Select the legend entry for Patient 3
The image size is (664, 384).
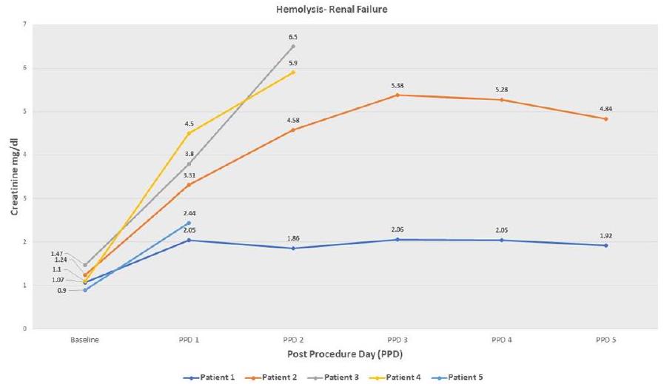342,377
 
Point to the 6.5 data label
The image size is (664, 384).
292,36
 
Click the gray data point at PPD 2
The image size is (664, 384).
292,46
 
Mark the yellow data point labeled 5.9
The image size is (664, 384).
292,72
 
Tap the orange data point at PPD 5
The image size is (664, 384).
606,118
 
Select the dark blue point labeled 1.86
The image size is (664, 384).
292,248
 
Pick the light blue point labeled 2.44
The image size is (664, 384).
189,223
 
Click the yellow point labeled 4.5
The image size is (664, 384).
189,133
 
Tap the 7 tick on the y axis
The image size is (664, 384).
25,24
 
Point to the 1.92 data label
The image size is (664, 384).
606,235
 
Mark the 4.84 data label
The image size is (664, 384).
606,109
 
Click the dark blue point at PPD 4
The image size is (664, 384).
501,240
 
